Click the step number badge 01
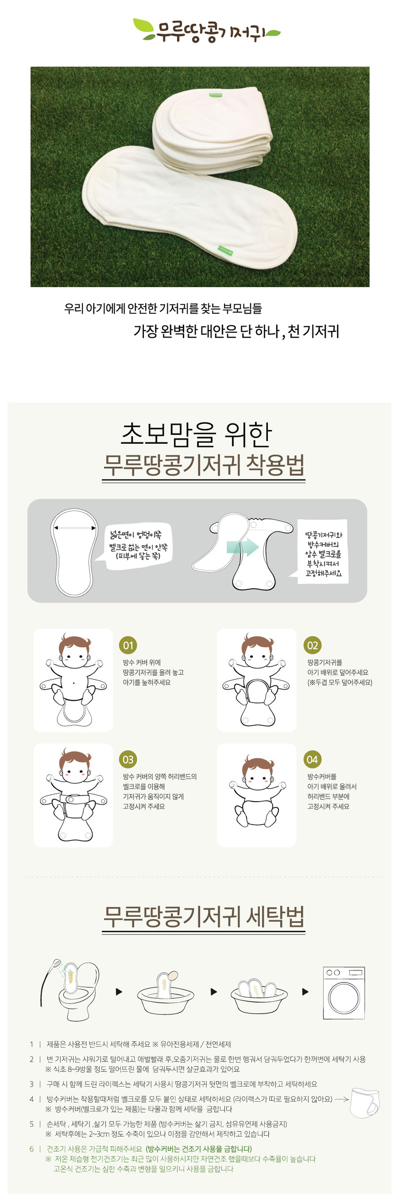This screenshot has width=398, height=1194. tap(128, 645)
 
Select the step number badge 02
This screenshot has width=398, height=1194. tap(312, 645)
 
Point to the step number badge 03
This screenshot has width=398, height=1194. tap(128, 760)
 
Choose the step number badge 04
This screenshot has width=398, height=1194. tap(312, 760)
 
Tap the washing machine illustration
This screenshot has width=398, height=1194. tap(344, 993)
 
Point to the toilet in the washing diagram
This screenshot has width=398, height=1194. tap(79, 992)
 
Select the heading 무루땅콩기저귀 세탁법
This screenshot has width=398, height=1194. tap(204, 916)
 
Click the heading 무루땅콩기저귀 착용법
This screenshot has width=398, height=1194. tap(204, 466)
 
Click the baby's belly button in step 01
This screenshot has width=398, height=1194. tap(74, 682)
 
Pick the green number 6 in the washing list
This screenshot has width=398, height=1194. tap(31, 1149)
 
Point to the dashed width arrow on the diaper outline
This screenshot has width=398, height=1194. tap(75, 528)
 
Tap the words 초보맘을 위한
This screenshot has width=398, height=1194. tap(196, 434)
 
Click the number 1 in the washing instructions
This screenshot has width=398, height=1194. tap(31, 1044)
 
